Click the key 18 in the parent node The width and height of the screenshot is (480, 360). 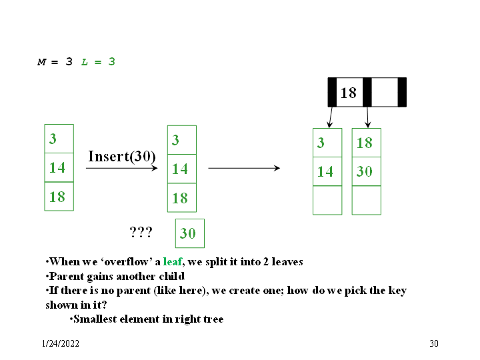point(349,93)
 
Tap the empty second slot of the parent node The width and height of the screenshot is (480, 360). point(384,93)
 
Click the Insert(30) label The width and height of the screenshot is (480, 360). point(121,157)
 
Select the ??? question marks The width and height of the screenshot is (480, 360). point(141,232)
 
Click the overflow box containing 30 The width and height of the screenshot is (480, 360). point(189,233)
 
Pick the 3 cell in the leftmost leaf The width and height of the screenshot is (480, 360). point(59,139)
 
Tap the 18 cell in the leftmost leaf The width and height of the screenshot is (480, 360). point(59,197)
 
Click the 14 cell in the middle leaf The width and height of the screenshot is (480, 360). point(181,169)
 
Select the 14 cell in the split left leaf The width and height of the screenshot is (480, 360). point(327,171)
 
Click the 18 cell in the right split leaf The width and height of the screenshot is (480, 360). point(366,143)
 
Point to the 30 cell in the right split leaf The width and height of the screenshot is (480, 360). point(366,171)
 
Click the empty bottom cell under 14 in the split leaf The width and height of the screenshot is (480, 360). point(327,200)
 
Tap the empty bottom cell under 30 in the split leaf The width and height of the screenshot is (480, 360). point(366,200)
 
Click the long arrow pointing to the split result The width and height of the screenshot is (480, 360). point(244,168)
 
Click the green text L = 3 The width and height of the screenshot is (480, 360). point(98,62)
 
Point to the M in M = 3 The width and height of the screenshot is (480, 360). point(41,62)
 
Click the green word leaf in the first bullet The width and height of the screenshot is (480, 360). point(172,262)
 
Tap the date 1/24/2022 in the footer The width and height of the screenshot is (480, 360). point(59,344)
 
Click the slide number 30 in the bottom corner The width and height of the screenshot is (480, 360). point(434,344)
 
